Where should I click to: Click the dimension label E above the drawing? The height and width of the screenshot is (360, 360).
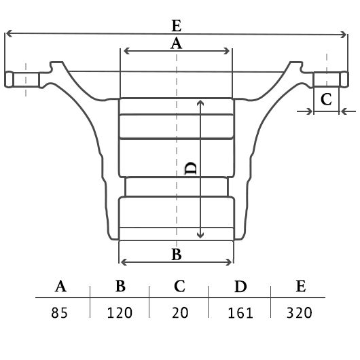point(177,26)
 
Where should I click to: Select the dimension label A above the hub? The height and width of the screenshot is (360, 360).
point(176,43)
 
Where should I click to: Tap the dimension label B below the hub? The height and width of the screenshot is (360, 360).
point(177,255)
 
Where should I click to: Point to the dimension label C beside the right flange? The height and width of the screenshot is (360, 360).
point(326,99)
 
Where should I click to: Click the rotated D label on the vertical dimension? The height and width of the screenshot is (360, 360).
point(191,168)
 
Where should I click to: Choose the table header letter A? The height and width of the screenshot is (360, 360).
point(60,286)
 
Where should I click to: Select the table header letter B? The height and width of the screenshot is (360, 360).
point(120,286)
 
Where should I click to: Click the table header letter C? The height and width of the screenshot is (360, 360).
point(179,286)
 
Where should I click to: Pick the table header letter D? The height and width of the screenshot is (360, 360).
point(240,286)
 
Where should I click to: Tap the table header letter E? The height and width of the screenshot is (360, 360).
point(301,286)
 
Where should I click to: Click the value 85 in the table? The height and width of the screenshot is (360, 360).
point(59,312)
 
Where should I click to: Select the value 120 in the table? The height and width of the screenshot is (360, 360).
point(120,312)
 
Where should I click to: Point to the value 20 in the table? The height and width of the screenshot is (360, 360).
point(180,312)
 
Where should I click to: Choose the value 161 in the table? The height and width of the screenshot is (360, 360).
point(240,313)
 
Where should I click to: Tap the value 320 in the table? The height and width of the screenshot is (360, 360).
point(300,312)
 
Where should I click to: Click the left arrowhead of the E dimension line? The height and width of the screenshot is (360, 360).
point(8,33)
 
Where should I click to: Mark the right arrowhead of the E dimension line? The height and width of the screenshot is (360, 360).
point(344,35)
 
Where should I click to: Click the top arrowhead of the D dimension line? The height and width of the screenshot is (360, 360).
point(200,103)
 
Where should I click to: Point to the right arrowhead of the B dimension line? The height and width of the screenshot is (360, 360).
point(229,262)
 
